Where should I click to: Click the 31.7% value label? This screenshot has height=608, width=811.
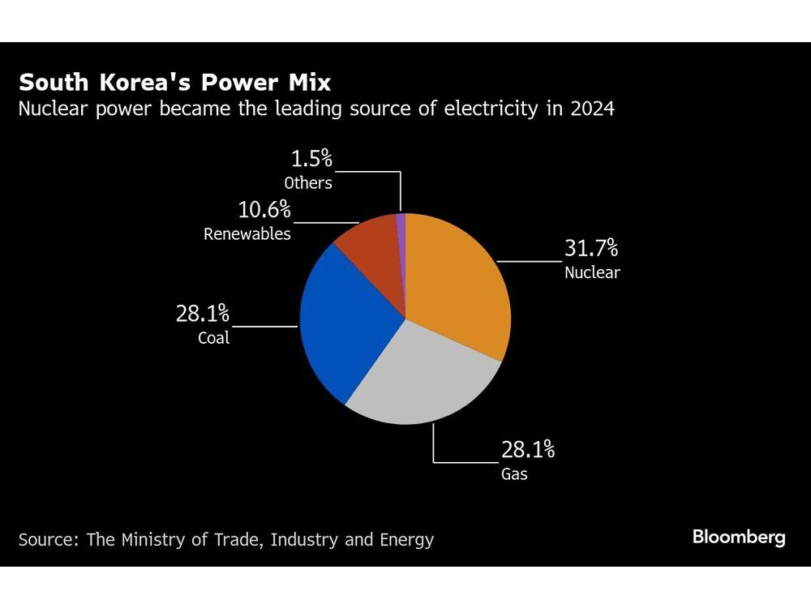pos(590,248)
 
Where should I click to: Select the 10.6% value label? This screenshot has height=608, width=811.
pos(264,210)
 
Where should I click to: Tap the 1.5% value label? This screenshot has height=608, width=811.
pos(311,159)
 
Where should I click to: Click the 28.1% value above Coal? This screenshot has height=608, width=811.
pos(202,314)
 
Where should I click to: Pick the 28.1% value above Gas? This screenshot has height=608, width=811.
pos(528,450)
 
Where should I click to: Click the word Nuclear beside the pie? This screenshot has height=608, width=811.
pos(592,272)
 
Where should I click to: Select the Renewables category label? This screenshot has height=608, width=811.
pos(247,234)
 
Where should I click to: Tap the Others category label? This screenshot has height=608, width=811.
pos(307,183)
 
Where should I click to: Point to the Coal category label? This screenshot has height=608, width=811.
pos(213,338)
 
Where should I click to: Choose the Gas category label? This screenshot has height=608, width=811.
pos(514,474)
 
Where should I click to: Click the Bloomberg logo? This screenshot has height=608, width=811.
pos(739,537)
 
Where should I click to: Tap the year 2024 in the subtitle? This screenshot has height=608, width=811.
pos(592,109)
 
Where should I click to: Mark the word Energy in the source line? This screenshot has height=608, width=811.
pos(406,540)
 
